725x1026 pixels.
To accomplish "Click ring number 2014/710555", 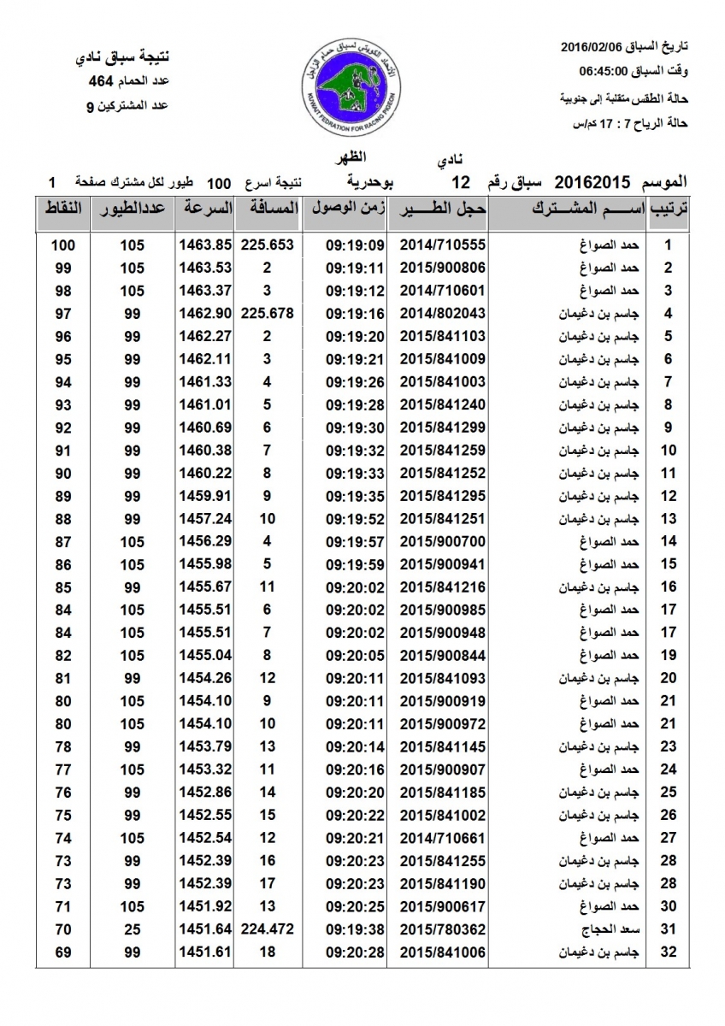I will [442, 245].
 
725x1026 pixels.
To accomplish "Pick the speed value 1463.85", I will [205, 245].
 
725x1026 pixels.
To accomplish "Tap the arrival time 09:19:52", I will [354, 519].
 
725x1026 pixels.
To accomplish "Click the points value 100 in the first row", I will [63, 245].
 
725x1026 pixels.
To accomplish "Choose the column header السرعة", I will [205, 208].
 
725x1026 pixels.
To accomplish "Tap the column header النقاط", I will [63, 208].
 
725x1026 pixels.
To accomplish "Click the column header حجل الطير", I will [443, 208].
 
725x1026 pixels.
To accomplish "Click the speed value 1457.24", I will [205, 519].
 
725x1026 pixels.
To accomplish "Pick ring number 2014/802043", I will [442, 313].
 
